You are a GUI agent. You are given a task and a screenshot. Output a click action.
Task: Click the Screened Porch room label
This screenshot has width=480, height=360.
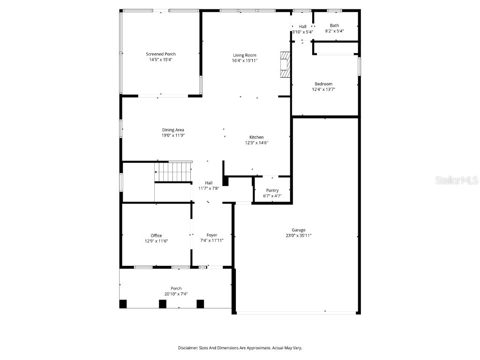coord(160,54)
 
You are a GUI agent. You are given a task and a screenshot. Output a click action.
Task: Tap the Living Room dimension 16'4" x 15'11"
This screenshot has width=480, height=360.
coord(245,60)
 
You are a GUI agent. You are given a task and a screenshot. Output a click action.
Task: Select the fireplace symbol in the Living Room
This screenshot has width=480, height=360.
coord(285,64)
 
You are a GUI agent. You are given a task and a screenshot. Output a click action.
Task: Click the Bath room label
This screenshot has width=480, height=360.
coord(334,26)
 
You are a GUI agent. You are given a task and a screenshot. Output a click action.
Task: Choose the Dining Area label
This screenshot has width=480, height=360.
coord(173,130)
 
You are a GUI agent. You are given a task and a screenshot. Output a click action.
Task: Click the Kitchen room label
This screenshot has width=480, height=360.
coord(256,137)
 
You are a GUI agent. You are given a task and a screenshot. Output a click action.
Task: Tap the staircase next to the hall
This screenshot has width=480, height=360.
coord(173,171)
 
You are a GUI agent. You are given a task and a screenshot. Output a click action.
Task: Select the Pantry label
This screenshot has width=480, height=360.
coord(272,190)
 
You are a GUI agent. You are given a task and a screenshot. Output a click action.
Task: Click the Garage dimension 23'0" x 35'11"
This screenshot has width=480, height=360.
coord(299,236)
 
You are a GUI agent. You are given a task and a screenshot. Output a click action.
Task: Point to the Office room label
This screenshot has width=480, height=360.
coord(156,235)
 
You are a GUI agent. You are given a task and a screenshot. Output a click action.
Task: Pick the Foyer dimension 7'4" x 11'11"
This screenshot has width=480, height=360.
coord(212,240)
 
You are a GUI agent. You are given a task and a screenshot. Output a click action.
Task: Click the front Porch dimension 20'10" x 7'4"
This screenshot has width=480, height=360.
coord(176,294)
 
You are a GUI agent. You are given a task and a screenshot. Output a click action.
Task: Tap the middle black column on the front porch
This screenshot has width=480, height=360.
coord(163,304)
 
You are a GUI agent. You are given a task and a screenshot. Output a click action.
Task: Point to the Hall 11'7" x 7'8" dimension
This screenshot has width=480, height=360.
coord(209,188)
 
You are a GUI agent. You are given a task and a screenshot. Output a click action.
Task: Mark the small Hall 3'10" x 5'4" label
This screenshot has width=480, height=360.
coord(302,32)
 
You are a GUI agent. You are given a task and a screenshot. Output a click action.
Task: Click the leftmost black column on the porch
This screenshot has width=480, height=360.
coord(123,304)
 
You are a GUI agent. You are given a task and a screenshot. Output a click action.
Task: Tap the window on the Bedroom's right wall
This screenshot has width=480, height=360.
coord(360,66)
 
